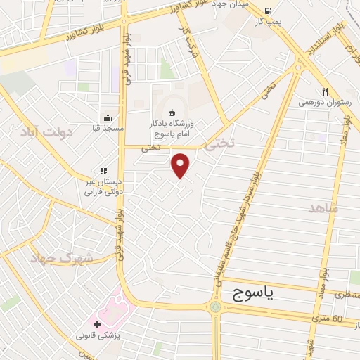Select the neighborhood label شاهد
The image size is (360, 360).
(x=323, y=208)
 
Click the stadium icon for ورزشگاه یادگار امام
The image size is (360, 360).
(x=171, y=112)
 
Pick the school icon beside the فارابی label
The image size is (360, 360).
(x=103, y=170)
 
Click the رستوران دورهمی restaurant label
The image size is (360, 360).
(x=324, y=103)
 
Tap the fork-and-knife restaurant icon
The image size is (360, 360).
(x=324, y=91)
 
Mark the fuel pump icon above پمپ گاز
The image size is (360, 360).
(x=268, y=11)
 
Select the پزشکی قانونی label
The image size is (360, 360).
(x=98, y=336)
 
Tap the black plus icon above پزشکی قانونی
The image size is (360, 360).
(x=98, y=324)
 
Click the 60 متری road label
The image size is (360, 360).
(x=347, y=319)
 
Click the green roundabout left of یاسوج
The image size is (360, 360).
(x=215, y=307)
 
